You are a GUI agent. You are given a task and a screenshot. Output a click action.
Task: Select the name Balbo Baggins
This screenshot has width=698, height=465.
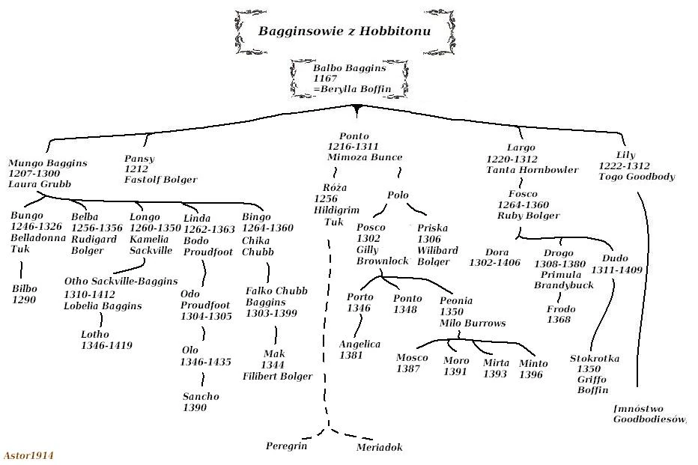(x=349, y=67)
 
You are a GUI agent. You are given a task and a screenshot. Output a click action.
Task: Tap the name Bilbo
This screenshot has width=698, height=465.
(x=24, y=288)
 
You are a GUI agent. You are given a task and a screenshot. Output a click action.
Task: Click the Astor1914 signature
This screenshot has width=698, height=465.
(x=28, y=455)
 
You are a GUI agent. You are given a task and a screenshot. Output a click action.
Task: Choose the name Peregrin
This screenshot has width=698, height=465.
(x=286, y=446)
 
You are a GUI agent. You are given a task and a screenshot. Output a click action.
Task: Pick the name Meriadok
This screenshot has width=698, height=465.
(x=379, y=448)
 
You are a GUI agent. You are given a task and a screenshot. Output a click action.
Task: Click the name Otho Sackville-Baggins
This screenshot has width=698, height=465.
(x=121, y=282)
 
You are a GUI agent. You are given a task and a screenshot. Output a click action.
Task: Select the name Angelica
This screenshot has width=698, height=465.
(x=359, y=344)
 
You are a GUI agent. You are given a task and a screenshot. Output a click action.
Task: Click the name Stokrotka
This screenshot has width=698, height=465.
(x=594, y=359)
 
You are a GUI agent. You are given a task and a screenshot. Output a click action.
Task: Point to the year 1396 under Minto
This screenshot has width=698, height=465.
(x=531, y=374)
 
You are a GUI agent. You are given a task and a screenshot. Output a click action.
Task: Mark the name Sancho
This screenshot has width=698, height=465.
(x=201, y=397)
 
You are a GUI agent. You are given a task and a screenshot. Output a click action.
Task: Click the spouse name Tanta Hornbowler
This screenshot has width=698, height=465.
(x=532, y=170)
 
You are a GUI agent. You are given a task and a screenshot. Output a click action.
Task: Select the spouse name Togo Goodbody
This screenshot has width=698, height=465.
(x=637, y=177)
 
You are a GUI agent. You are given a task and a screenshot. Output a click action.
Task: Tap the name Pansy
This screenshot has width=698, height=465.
(x=139, y=158)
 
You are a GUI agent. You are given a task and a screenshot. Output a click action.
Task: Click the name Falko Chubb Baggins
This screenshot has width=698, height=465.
(x=276, y=296)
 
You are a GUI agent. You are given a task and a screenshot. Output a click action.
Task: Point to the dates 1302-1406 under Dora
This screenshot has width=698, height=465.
(x=495, y=264)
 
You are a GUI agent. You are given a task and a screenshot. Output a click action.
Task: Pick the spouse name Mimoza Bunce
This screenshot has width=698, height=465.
(x=365, y=158)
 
